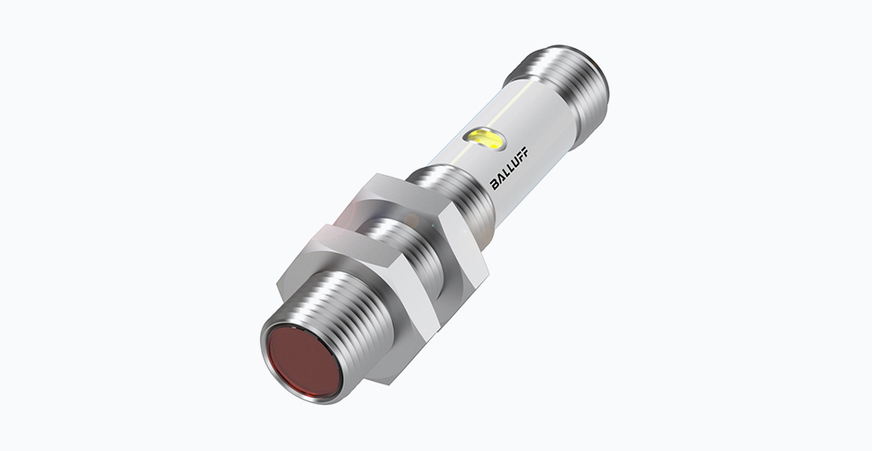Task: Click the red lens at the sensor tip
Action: point(302,361)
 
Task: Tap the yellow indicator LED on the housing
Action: point(484,138)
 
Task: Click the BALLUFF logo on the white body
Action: point(509,169)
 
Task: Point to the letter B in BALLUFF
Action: point(495,184)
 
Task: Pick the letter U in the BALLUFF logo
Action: point(515,162)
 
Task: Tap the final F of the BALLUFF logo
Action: point(525,151)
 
